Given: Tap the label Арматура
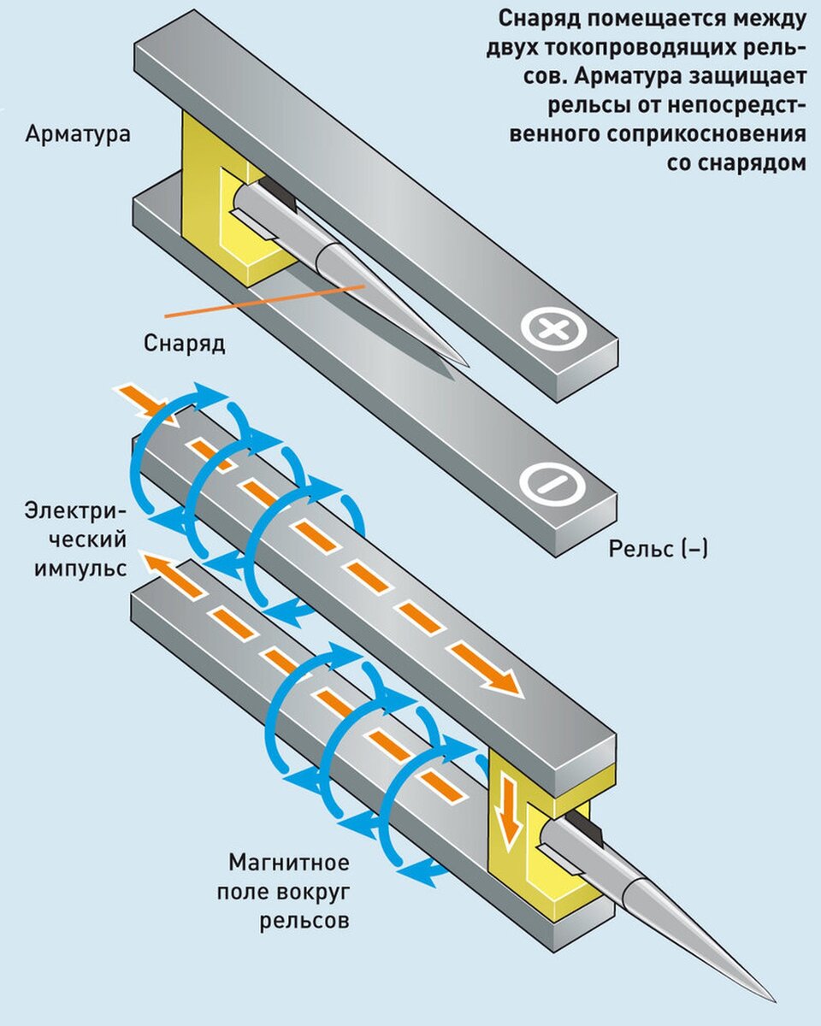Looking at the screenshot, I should (78, 134).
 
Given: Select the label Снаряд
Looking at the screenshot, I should (184, 343).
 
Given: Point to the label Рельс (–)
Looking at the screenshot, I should (659, 549).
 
